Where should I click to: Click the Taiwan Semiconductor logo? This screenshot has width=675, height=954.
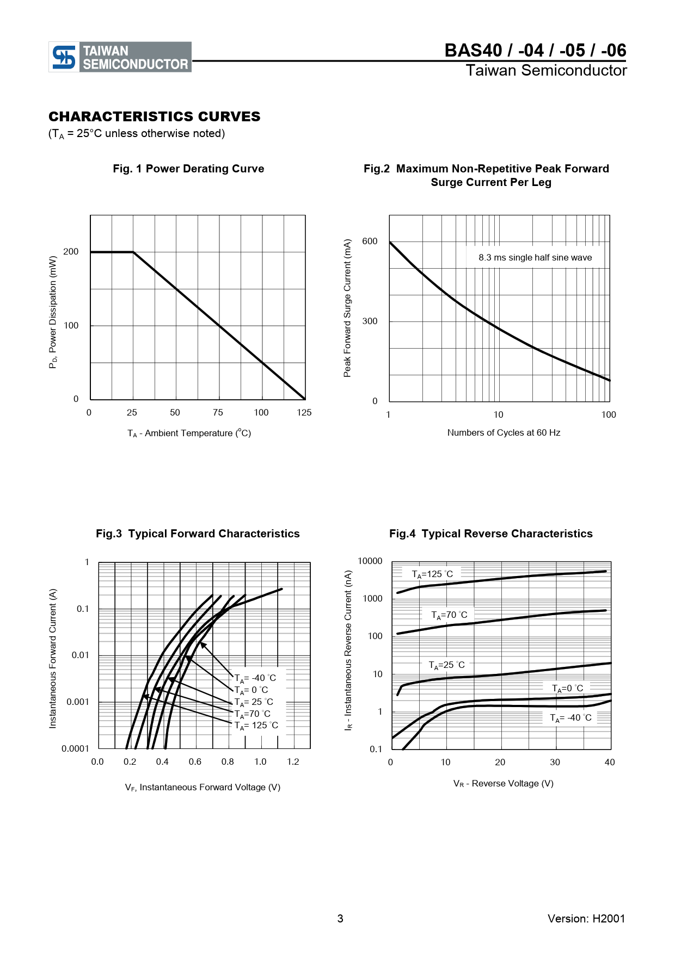tap(120, 57)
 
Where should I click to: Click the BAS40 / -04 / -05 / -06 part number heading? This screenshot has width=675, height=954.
tap(535, 51)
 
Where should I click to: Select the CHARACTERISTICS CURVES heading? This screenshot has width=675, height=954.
tap(155, 117)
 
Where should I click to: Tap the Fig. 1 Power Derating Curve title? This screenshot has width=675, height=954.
tap(188, 169)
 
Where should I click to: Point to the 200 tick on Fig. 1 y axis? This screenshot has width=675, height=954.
tap(71, 251)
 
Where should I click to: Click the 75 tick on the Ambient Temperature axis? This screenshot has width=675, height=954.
tap(218, 412)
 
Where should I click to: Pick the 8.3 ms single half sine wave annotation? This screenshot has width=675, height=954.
tap(535, 258)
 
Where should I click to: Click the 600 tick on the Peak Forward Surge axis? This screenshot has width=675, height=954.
tap(370, 241)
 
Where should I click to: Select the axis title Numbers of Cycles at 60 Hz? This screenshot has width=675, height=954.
tap(504, 433)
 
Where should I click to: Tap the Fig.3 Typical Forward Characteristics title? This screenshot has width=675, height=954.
tap(198, 534)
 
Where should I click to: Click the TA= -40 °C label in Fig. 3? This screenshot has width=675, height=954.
tap(255, 678)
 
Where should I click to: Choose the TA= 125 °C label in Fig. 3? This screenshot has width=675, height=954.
tap(256, 726)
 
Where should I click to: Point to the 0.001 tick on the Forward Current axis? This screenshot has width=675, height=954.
tap(77, 702)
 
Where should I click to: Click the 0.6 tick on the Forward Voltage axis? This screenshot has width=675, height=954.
tap(195, 761)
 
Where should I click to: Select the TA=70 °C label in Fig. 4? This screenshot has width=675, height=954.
tap(449, 615)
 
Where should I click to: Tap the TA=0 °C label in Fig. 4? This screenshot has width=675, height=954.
tap(567, 689)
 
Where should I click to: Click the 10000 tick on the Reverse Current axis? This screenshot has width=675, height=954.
tap(370, 561)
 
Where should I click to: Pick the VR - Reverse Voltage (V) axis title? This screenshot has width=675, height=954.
tap(504, 784)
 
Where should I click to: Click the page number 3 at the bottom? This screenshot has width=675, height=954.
tap(340, 919)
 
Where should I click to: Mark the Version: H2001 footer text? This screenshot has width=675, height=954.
tap(586, 919)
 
